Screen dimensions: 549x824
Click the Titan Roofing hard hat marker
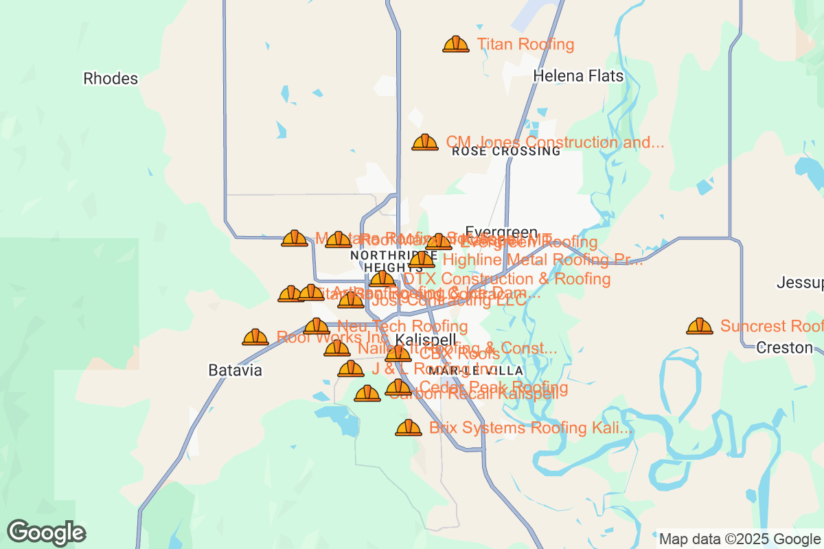coord(455,45)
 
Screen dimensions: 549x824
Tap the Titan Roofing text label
coord(525,45)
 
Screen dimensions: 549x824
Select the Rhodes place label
coord(111,78)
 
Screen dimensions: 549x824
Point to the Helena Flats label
coord(578,75)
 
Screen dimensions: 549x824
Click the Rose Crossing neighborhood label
coord(506,152)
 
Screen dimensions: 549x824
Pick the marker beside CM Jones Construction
coord(425,143)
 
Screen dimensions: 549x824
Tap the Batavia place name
coord(236,371)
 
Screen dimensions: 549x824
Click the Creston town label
coord(784,348)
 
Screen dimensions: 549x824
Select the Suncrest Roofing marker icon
coord(700,326)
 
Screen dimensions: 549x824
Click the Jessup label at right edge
coord(800,283)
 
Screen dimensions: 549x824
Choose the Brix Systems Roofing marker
coord(409,428)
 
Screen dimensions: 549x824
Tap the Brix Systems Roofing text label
coord(530,428)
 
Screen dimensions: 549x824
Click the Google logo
coord(46,533)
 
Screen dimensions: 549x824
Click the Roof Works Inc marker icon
coord(255,338)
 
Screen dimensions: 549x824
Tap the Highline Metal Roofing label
coord(542,260)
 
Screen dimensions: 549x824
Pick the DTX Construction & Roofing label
coord(507,279)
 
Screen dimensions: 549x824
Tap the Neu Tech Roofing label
coord(403,326)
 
